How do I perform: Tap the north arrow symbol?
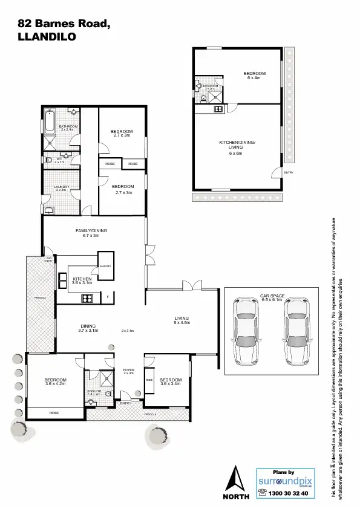(x=236, y=479)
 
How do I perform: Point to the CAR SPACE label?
(x=271, y=296)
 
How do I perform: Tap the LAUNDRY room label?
(x=60, y=187)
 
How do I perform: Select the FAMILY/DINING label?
(x=91, y=231)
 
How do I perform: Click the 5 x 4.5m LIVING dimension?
(x=182, y=323)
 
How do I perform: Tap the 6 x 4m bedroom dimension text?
(x=254, y=78)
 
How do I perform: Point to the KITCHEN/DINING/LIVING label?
(x=237, y=144)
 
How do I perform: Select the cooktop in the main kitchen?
(x=87, y=297)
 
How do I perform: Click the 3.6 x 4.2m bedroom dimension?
(x=55, y=383)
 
